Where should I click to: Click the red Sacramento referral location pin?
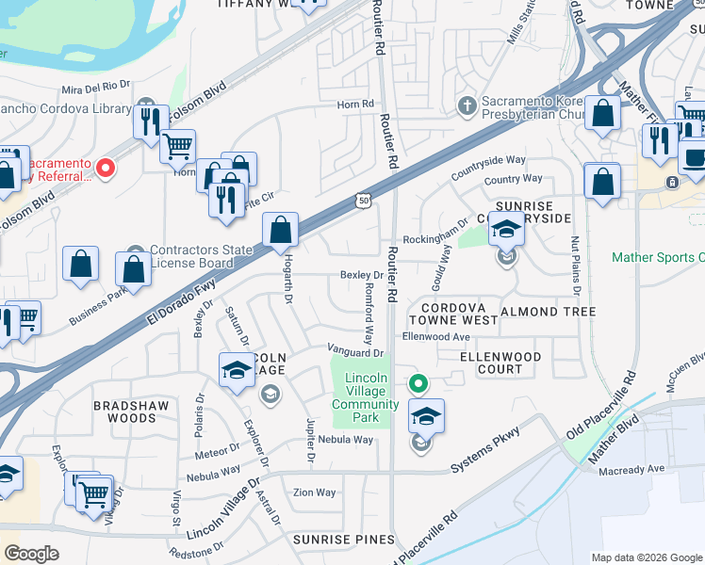[x=106, y=169]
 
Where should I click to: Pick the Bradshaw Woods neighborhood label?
[x=124, y=411]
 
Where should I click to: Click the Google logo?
[x=31, y=554]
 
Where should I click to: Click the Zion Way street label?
[x=314, y=492]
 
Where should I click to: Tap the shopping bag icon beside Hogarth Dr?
[x=280, y=230]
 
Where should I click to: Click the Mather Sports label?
[x=658, y=257]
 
